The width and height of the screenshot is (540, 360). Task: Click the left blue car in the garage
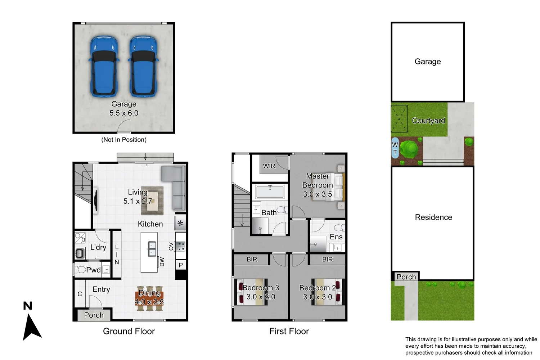tap(104, 67)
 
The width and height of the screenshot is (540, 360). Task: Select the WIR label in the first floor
tap(269, 166)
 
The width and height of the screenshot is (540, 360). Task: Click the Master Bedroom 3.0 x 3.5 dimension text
tap(318, 194)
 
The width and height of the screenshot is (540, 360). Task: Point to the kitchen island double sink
tap(152, 248)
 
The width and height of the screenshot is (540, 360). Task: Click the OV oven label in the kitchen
tap(171, 246)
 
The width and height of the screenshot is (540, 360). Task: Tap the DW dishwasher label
tap(162, 262)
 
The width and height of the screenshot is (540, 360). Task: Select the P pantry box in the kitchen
tap(181, 265)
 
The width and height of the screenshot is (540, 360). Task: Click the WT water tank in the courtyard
tap(395, 148)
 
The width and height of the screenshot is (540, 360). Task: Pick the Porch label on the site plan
tap(406, 277)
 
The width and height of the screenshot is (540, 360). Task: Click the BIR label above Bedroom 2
tap(327, 259)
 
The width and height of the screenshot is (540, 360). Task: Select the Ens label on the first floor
tap(336, 237)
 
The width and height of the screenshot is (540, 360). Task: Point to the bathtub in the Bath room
tap(270, 192)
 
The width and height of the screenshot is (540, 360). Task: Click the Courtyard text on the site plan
tap(428, 121)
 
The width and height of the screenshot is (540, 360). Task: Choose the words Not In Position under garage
tap(124, 140)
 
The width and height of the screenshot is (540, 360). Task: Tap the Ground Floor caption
tap(129, 331)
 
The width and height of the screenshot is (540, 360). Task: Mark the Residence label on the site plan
tap(433, 217)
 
